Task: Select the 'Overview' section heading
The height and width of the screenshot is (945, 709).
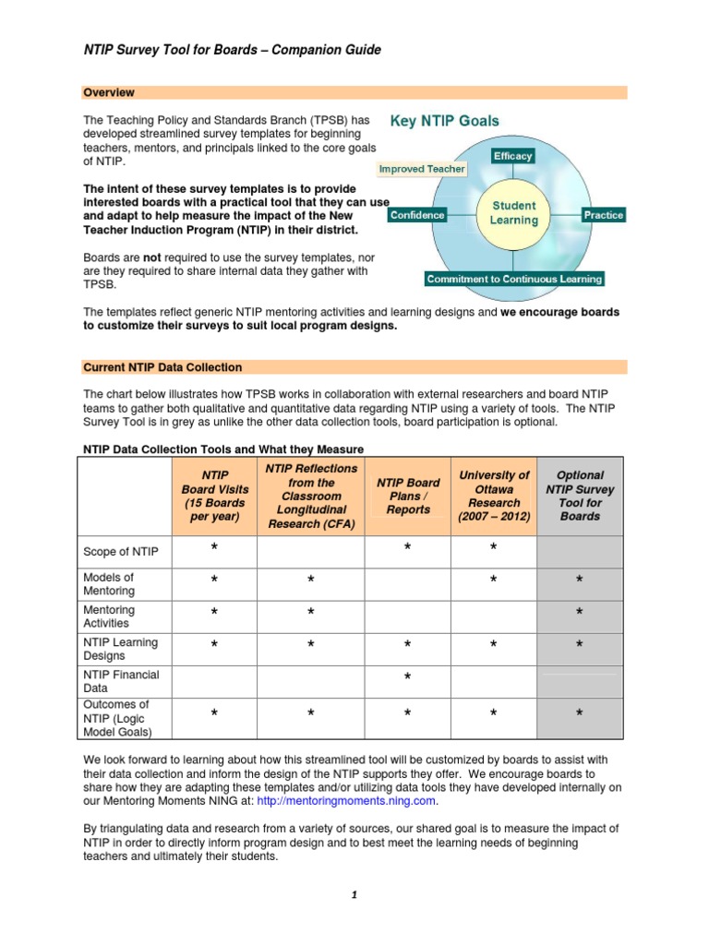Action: pyautogui.click(x=109, y=92)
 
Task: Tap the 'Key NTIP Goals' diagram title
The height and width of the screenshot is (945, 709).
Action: pyautogui.click(x=445, y=121)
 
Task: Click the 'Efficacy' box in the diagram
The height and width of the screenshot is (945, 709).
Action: pyautogui.click(x=512, y=156)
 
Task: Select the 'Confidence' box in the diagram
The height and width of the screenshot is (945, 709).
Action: pyautogui.click(x=417, y=215)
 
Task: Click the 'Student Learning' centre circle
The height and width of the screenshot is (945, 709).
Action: pyautogui.click(x=513, y=213)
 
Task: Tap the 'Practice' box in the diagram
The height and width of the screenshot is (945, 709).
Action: pyautogui.click(x=603, y=215)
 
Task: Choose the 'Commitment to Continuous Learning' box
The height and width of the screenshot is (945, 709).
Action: pyautogui.click(x=514, y=279)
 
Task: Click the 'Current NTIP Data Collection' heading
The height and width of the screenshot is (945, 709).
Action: pyautogui.click(x=163, y=367)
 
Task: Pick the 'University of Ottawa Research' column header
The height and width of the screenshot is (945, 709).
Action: pyautogui.click(x=494, y=496)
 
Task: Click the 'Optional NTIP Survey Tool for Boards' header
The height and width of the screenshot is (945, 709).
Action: pyautogui.click(x=580, y=496)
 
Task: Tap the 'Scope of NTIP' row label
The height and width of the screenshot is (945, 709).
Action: pyautogui.click(x=121, y=552)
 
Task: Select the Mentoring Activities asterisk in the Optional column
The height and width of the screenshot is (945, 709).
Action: pyautogui.click(x=580, y=614)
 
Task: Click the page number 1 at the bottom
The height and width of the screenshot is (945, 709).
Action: pyautogui.click(x=354, y=895)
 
